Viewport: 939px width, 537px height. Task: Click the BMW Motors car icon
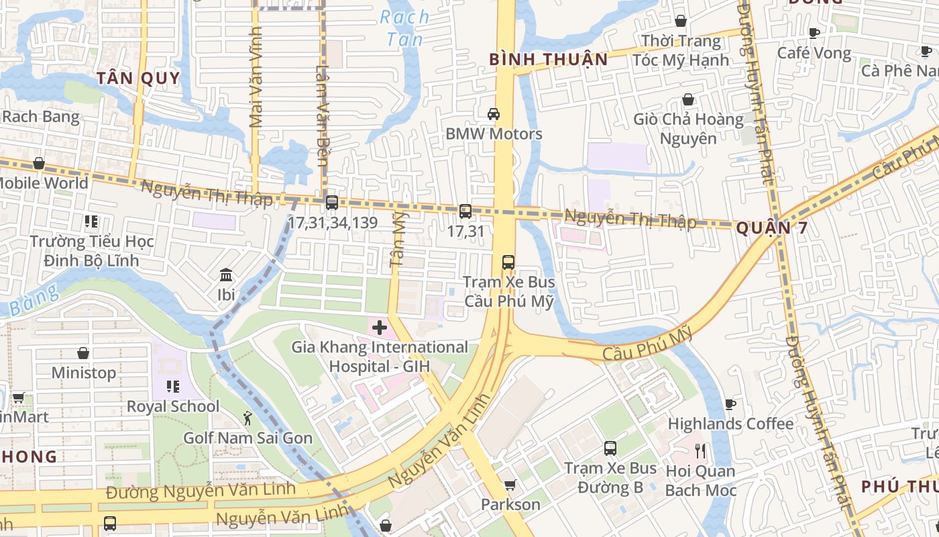[x=494, y=114]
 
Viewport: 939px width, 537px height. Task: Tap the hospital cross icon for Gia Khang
[x=380, y=328]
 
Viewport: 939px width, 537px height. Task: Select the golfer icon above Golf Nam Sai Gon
[x=247, y=418]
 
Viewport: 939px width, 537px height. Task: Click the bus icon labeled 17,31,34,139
[x=331, y=202]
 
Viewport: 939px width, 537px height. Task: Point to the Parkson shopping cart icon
[x=510, y=485]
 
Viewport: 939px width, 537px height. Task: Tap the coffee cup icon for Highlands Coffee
[x=730, y=404]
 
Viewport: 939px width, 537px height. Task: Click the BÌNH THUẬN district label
[x=548, y=59]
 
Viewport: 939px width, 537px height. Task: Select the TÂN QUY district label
[x=138, y=79]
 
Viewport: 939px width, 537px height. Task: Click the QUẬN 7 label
[x=771, y=228]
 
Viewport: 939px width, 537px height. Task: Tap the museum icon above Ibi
[x=226, y=275]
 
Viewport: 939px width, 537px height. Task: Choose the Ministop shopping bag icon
[x=83, y=353]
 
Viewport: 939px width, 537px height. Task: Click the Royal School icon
[x=173, y=387]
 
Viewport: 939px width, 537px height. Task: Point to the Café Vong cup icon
[x=814, y=33]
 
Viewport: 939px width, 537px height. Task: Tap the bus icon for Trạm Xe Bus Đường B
[x=610, y=448]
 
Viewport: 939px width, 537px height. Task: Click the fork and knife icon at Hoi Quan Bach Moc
[x=700, y=450]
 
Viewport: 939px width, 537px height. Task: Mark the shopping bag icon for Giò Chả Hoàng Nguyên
[x=688, y=100]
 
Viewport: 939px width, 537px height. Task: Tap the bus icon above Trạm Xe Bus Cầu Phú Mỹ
[x=508, y=262]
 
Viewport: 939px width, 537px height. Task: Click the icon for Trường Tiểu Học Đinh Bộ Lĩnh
[x=91, y=221]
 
